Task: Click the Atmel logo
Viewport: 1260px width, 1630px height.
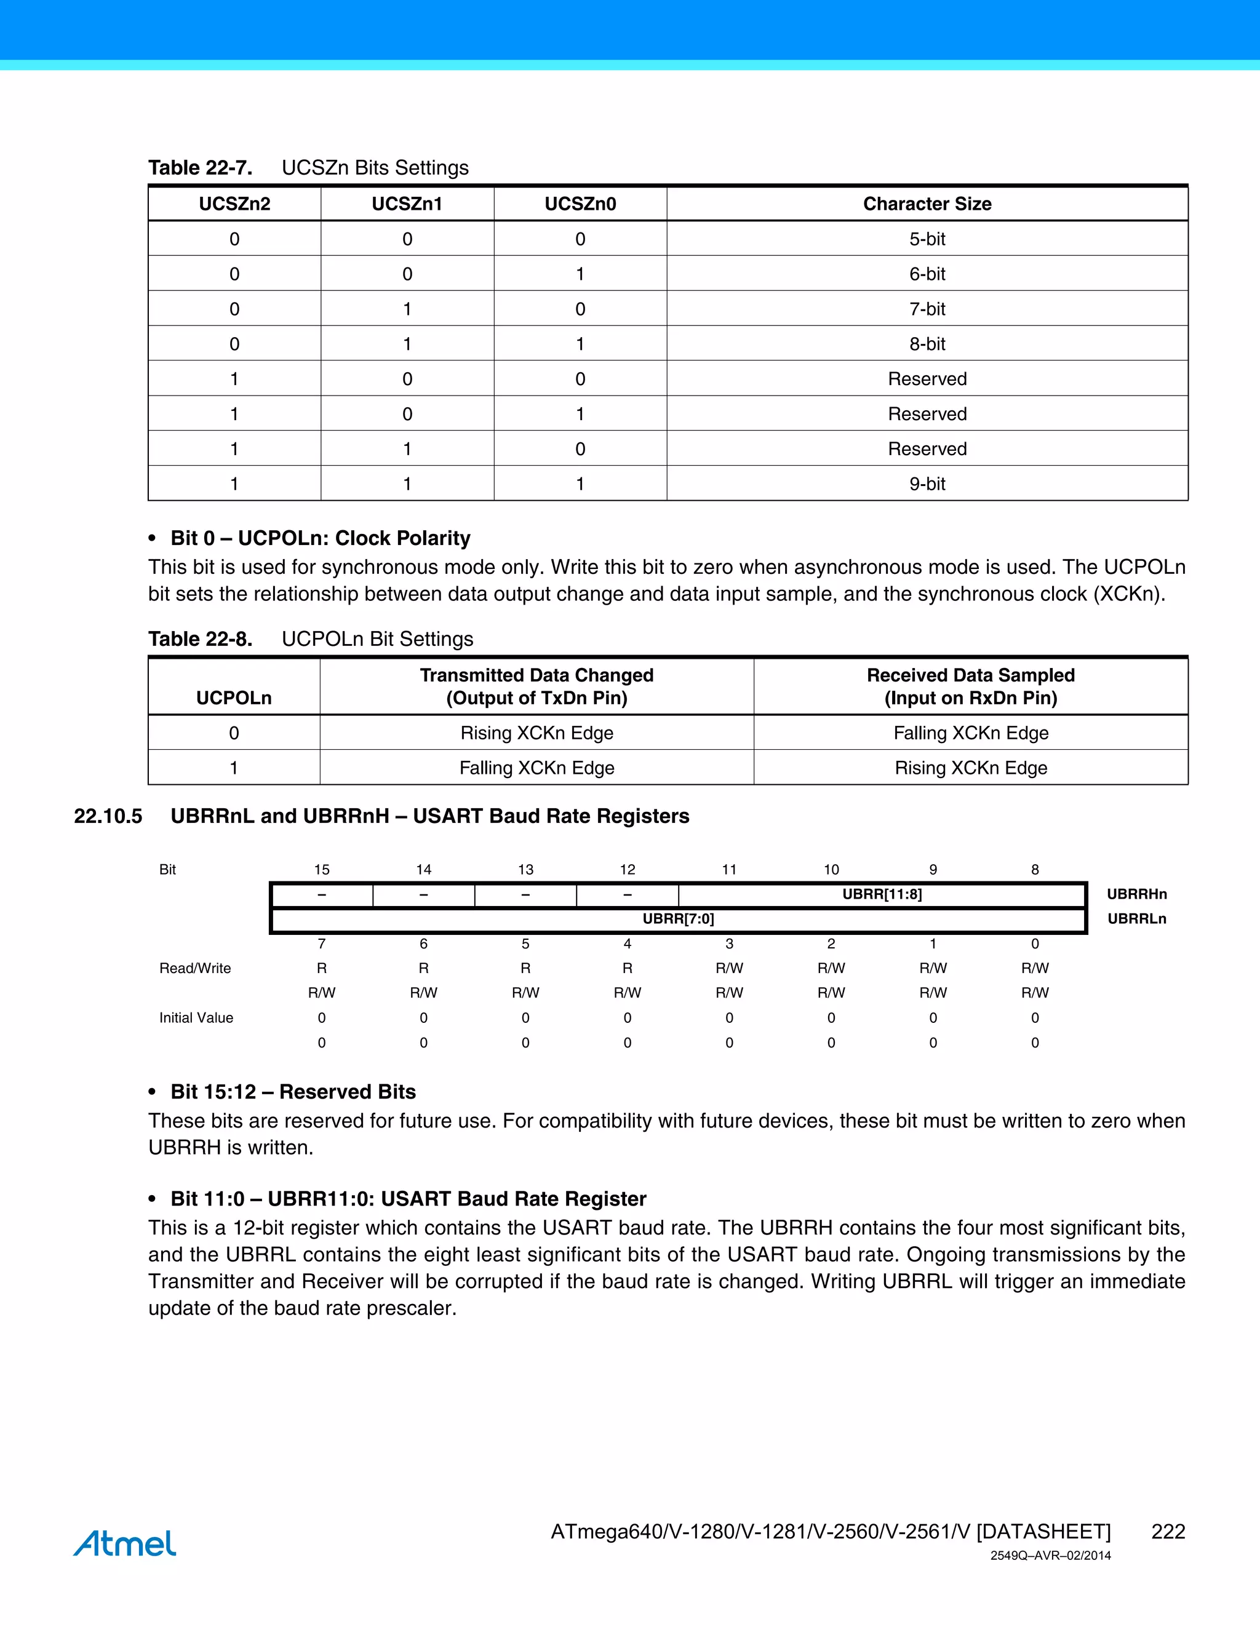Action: coord(125,1543)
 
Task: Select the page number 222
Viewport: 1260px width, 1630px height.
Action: coord(1168,1532)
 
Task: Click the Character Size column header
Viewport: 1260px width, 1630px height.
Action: coord(927,204)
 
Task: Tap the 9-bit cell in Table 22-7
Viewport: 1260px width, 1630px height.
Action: coord(927,483)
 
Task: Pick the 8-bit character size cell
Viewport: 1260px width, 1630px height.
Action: coord(927,344)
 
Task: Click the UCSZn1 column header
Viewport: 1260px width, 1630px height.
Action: coord(407,204)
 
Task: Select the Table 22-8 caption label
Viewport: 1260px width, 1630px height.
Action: coord(200,639)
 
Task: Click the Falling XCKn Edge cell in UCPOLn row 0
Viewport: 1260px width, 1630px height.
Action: coord(970,733)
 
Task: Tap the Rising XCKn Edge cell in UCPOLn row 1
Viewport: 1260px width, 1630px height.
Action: coord(970,768)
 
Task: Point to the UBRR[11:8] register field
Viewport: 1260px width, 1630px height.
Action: coord(882,894)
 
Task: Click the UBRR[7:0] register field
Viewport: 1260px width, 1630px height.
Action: coord(678,919)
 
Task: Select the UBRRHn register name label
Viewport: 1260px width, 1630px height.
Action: coord(1136,894)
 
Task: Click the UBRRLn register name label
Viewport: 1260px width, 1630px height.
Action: coord(1136,919)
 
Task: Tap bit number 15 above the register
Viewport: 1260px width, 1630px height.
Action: coord(322,870)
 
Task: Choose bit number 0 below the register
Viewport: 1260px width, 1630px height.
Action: coord(1035,944)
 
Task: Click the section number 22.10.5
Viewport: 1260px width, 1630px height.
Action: coord(108,816)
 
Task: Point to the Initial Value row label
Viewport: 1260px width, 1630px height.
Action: coord(196,1018)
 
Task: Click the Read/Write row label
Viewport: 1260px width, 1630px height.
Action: coord(195,968)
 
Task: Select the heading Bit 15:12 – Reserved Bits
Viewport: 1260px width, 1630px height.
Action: coord(293,1092)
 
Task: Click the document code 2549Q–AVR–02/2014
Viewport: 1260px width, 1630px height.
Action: coord(1050,1556)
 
